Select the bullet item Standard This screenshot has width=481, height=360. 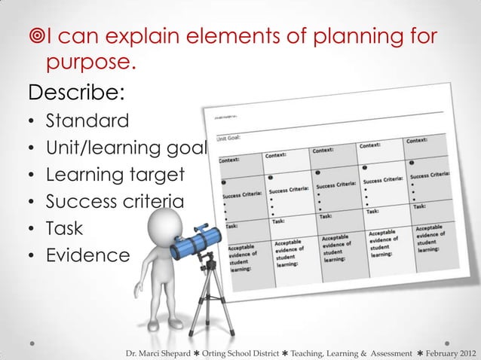point(87,121)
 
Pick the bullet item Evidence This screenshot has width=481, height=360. point(87,255)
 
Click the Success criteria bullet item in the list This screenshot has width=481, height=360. point(115,201)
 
